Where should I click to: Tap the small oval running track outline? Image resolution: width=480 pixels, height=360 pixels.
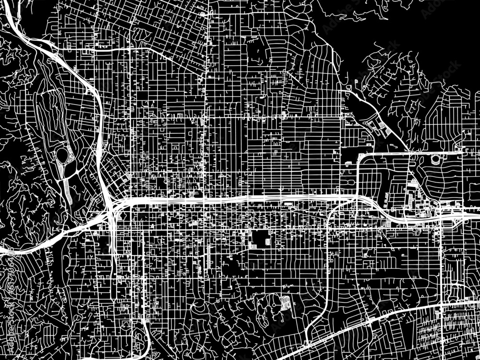click(436, 159)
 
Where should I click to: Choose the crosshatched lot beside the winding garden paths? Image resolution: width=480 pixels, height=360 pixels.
click(284, 303)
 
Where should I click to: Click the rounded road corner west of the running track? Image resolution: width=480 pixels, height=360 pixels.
click(360, 158)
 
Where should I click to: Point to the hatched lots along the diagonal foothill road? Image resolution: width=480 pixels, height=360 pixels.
click(379, 127)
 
